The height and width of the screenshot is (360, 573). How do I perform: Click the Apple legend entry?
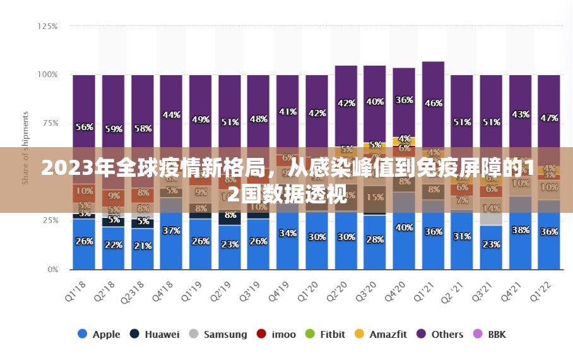click(99, 334)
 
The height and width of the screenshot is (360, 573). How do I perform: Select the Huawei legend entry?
click(155, 334)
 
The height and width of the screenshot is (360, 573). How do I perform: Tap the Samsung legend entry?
click(218, 334)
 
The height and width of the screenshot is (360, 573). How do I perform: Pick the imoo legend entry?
click(276, 334)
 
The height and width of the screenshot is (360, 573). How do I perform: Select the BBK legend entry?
click(490, 334)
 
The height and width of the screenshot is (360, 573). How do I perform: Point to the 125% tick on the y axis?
click(48, 27)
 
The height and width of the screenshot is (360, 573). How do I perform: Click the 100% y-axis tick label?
click(48, 75)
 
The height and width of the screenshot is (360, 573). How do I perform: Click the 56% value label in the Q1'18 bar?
click(85, 127)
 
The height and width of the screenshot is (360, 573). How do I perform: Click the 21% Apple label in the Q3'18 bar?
click(143, 246)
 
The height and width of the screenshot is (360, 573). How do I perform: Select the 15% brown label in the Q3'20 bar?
click(375, 197)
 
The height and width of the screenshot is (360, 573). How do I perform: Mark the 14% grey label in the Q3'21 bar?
click(491, 208)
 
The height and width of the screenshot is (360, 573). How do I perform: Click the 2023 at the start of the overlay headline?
click(62, 169)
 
